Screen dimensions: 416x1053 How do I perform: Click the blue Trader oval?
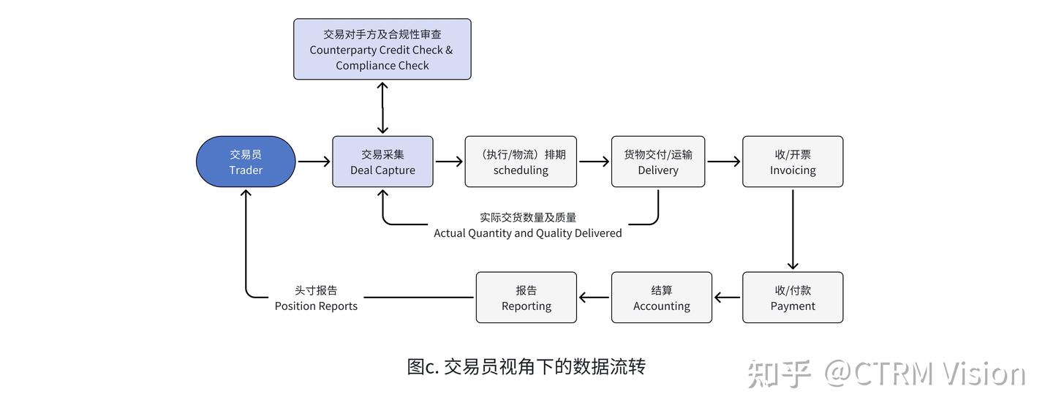246,162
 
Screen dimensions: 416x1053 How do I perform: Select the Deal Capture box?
382,162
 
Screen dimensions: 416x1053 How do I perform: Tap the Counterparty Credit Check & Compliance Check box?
382,49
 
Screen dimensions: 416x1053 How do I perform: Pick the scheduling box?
521,162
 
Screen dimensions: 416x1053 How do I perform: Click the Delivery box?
658,162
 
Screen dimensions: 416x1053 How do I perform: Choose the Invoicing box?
793,162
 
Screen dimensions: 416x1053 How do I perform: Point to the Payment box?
793,298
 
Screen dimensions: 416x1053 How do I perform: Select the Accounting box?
662,298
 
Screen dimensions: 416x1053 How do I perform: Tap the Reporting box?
526,298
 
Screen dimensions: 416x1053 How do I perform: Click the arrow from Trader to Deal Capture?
314,162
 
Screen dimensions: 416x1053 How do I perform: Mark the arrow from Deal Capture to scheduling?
448,162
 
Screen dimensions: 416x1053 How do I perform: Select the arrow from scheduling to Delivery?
594,162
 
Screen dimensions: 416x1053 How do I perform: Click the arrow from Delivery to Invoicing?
724,162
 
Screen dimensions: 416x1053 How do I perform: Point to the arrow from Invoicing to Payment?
793,229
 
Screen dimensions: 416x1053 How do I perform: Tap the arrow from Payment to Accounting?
728,298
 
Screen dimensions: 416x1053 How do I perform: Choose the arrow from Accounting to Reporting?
594,298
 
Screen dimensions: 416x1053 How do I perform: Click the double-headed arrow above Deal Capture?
382,107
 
